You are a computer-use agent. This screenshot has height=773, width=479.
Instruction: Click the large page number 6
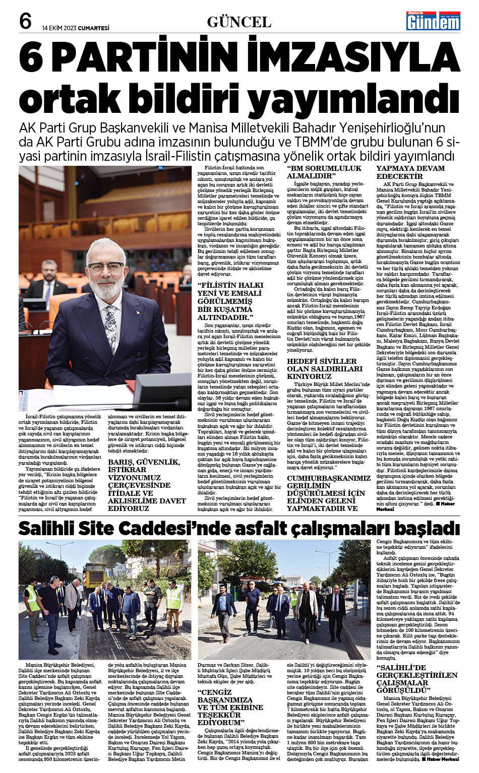26,21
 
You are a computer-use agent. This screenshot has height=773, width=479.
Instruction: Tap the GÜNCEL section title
239,22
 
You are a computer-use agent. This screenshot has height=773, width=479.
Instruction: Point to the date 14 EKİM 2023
62,28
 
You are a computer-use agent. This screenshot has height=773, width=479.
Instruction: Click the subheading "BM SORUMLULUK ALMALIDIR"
324,172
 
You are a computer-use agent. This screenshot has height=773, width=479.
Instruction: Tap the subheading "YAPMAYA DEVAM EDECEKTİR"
411,172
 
